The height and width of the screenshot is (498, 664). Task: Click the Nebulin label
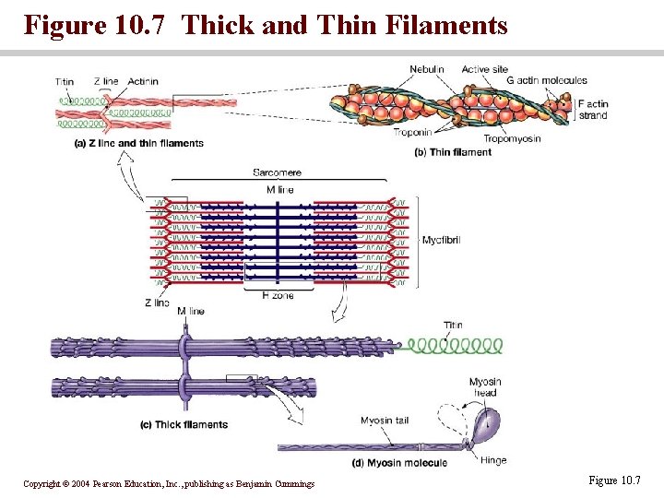tap(427, 69)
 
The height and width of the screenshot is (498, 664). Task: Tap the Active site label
tap(484, 69)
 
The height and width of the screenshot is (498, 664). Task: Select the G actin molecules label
tap(547, 81)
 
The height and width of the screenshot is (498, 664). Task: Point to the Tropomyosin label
tap(512, 139)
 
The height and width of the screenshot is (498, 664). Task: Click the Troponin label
tap(412, 133)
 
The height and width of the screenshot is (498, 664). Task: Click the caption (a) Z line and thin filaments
tap(138, 143)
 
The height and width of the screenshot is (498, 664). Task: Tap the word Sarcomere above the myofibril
tap(277, 172)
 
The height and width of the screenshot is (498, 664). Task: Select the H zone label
tap(278, 295)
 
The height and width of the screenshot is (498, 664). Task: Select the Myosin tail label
tap(385, 421)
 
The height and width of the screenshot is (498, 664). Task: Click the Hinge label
tap(493, 459)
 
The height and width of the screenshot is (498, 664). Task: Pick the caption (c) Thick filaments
tap(184, 425)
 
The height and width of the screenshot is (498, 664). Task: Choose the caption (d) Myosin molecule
tap(399, 462)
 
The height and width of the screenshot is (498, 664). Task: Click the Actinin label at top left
tap(143, 81)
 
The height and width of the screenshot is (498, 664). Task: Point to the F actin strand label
tap(593, 110)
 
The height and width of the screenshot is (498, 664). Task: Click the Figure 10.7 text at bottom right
tap(612, 480)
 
